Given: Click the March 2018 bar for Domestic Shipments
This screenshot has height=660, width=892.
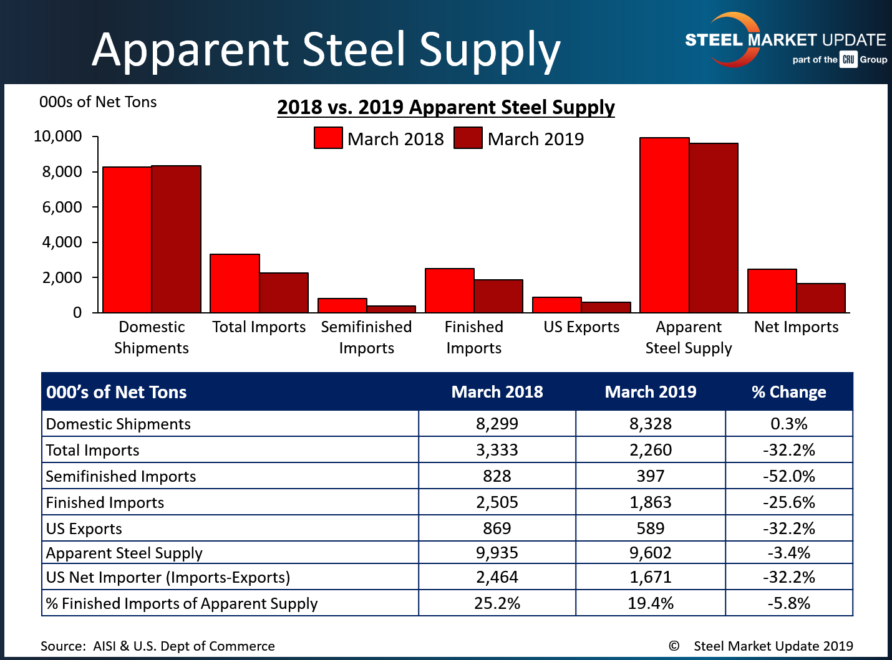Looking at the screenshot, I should pyautogui.click(x=127, y=240).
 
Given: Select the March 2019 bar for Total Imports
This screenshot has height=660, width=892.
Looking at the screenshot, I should pyautogui.click(x=284, y=293).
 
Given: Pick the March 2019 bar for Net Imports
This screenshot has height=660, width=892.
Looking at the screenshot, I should pyautogui.click(x=821, y=298).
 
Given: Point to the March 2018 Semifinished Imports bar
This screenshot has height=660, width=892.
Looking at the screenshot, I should pyautogui.click(x=342, y=305).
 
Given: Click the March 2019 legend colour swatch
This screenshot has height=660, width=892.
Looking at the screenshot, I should pyautogui.click(x=468, y=138).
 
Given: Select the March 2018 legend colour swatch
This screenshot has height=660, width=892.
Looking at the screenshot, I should pyautogui.click(x=328, y=138).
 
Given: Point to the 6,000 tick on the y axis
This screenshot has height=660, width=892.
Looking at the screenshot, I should pyautogui.click(x=62, y=207).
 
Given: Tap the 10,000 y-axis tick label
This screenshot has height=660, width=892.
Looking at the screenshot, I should pyautogui.click(x=57, y=136).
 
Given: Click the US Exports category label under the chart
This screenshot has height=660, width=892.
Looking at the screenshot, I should pyautogui.click(x=581, y=327).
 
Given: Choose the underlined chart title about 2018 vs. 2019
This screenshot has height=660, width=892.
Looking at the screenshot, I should pyautogui.click(x=446, y=107).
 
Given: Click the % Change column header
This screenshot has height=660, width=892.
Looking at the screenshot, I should pyautogui.click(x=788, y=392).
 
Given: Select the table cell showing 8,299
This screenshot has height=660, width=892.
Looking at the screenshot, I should pyautogui.click(x=497, y=424).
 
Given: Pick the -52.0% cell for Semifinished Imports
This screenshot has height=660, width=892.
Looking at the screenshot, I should pyautogui.click(x=788, y=476).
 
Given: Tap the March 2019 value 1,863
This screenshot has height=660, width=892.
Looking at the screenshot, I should pyautogui.click(x=651, y=502).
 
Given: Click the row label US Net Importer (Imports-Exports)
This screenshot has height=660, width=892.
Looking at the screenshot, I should pyautogui.click(x=168, y=578).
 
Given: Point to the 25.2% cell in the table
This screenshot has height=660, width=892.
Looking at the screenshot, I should pyautogui.click(x=497, y=603).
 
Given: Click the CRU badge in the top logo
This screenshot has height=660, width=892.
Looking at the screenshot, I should pyautogui.click(x=848, y=60).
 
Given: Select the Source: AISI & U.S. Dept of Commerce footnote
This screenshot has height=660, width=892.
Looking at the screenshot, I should pyautogui.click(x=158, y=646).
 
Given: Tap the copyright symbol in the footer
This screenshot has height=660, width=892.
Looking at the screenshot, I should pyautogui.click(x=674, y=646).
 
